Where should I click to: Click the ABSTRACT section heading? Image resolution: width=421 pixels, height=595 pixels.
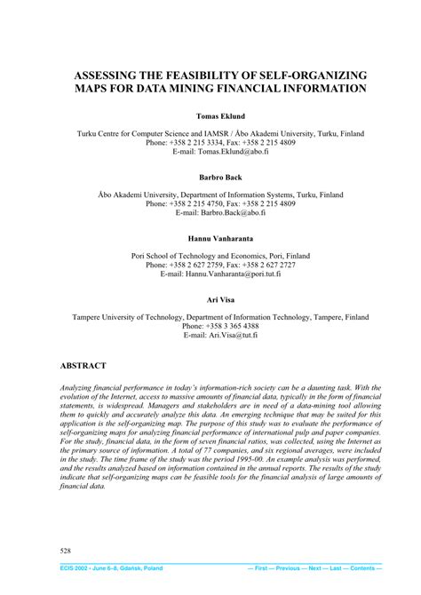(x=83, y=365)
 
